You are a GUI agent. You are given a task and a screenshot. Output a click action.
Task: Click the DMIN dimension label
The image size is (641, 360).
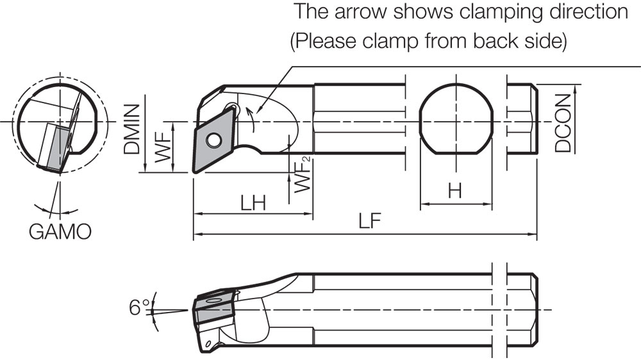(133, 130)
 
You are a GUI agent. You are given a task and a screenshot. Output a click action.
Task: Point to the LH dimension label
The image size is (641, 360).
(253, 203)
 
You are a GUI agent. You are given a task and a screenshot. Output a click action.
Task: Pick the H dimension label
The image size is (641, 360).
(455, 191)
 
